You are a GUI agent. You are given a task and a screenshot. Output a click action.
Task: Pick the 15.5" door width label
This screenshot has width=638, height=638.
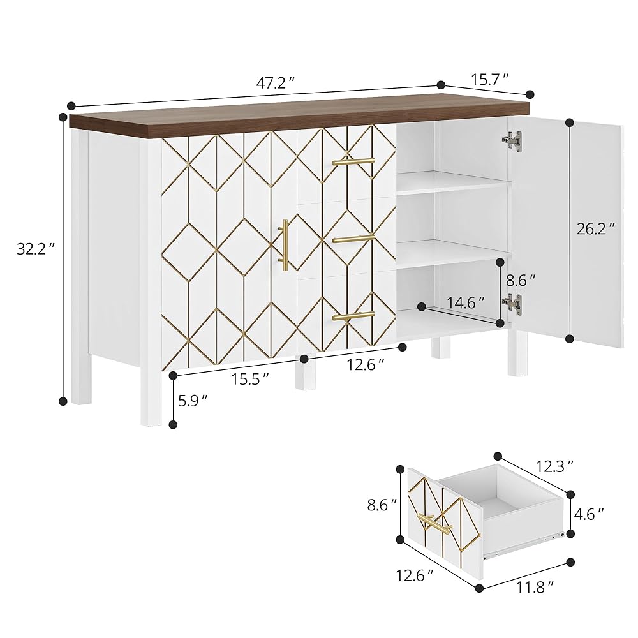point(249,378)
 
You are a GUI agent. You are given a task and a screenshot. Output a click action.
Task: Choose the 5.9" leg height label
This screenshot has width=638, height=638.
point(193,401)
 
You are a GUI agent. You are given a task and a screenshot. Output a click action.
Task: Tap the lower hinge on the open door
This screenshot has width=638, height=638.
point(511,304)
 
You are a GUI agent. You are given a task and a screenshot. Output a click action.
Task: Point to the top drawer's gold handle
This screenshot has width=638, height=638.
point(353,162)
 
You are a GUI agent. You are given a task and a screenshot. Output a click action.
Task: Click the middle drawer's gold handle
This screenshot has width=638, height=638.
point(353,239)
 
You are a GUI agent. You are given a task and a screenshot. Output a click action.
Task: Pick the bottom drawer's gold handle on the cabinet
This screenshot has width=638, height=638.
point(353,316)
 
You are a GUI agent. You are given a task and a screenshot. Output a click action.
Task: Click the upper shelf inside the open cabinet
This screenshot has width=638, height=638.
point(453,184)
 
